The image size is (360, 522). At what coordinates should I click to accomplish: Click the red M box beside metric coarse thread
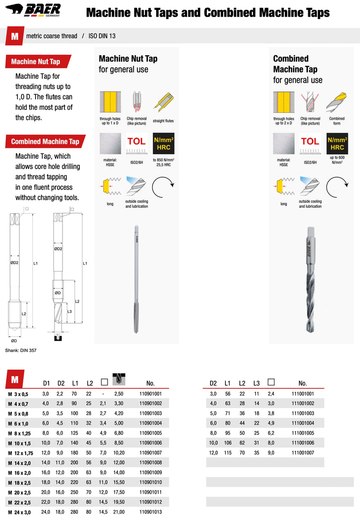coord(15,36)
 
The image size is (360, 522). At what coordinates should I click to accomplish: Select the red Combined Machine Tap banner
coord(45,142)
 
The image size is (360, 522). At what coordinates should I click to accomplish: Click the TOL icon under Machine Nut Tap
coord(136,143)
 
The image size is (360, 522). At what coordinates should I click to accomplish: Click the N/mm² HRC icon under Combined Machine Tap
coord(337,143)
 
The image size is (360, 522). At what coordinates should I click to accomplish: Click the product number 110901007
coord(150,453)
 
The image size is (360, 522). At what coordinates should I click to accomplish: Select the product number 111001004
coord(302,423)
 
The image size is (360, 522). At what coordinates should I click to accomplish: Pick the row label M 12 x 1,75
coord(21,453)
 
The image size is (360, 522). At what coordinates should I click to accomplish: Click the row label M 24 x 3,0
coord(20,512)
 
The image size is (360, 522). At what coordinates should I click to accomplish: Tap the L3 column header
coord(256,384)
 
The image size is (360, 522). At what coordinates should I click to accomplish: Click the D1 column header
coord(46,384)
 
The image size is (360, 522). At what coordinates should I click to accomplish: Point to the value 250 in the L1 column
coord(75,492)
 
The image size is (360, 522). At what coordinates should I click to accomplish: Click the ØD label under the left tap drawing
coord(14,341)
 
